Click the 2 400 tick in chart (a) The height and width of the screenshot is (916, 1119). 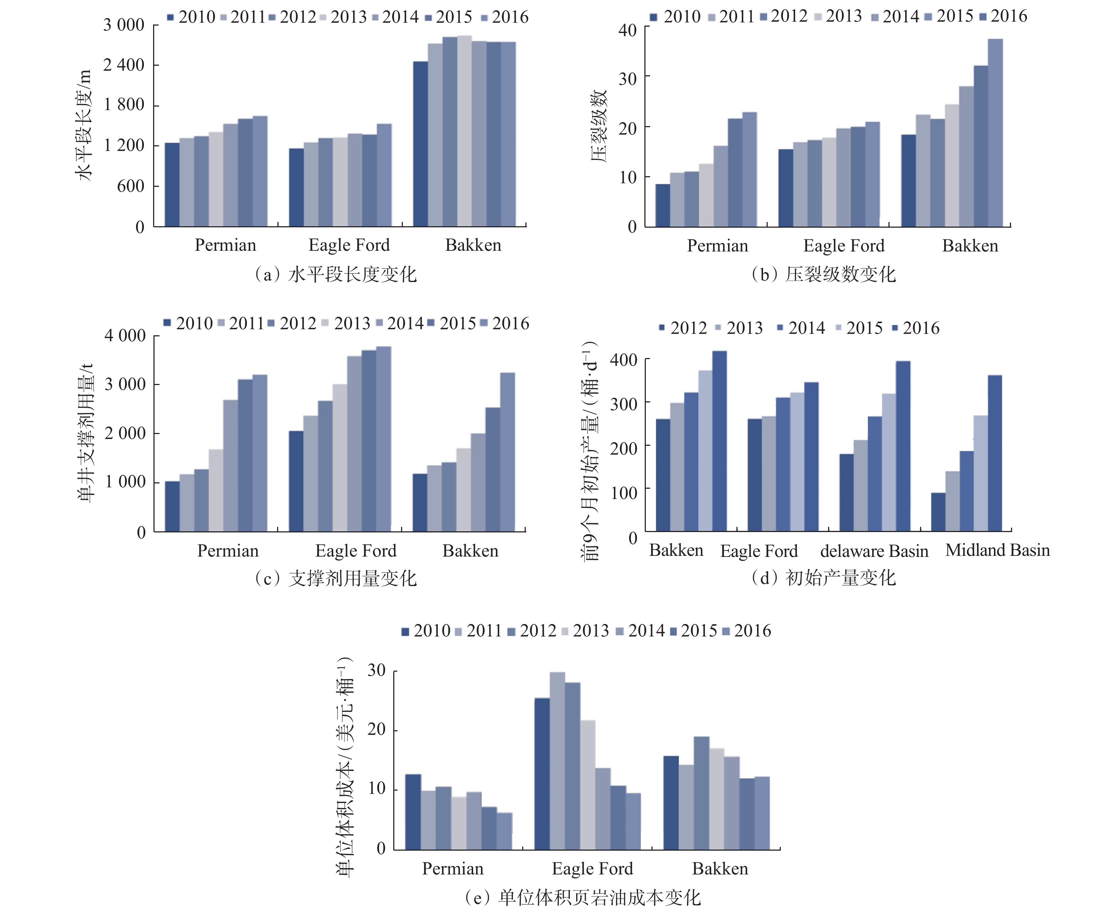coord(124,65)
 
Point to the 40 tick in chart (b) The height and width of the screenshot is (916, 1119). coord(628,30)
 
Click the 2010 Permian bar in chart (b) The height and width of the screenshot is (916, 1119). coord(663,205)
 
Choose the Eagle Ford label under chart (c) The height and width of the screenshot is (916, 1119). coord(356,551)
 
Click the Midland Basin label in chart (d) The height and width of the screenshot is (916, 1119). coord(998,550)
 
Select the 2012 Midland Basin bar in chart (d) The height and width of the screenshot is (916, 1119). coord(938,511)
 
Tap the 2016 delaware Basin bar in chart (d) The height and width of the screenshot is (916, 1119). coord(903,446)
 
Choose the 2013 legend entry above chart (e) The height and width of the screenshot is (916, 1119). coord(585,630)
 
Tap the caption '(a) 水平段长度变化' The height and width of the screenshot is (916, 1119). coord(336,275)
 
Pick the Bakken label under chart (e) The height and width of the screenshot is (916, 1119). coord(720,868)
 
